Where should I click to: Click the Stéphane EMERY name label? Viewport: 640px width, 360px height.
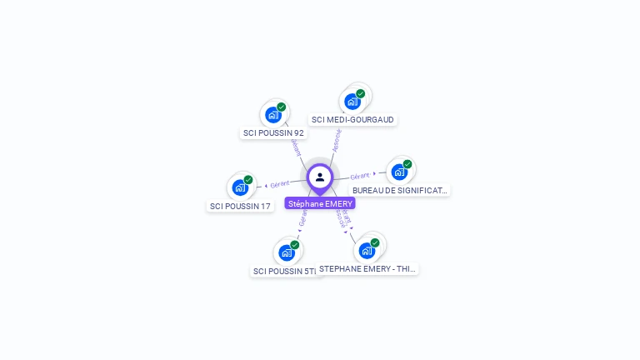[320, 203]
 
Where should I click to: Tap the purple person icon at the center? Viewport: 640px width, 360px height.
[320, 177]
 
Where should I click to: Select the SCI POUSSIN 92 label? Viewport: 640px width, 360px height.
[273, 132]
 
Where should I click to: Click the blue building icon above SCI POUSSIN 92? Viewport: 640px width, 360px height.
[272, 115]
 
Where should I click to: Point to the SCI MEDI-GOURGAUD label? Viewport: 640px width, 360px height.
[352, 119]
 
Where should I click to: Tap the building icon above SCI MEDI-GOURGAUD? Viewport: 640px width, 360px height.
[352, 102]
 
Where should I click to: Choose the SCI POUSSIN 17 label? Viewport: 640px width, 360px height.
[240, 206]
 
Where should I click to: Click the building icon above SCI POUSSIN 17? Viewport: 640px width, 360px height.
[240, 187]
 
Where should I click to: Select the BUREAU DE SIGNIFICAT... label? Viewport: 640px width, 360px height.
[400, 190]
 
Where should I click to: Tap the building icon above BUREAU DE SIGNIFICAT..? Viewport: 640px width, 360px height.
[399, 172]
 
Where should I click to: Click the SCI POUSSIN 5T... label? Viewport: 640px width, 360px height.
[285, 271]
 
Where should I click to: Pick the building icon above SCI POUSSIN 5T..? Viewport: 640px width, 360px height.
[287, 252]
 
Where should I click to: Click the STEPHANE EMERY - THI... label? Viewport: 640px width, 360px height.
[367, 268]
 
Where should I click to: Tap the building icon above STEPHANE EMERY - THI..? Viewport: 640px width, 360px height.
[367, 250]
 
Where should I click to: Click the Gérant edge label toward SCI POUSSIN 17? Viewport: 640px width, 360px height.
[280, 183]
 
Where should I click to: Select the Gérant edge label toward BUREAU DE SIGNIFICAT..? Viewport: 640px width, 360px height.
[360, 176]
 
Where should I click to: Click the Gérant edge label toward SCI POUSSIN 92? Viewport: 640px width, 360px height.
[295, 147]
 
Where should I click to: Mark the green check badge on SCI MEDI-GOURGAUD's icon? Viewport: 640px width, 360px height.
[361, 93]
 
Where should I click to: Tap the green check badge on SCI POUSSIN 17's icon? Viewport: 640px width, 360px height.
[248, 179]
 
